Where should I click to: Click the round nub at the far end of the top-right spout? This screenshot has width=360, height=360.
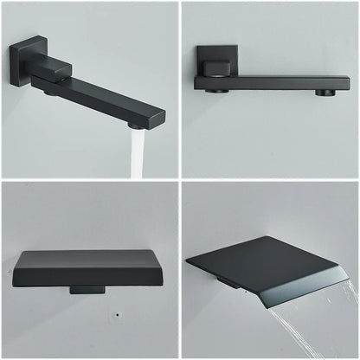click(x=325, y=92)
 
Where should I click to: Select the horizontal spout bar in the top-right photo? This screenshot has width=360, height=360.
click(x=277, y=83)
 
